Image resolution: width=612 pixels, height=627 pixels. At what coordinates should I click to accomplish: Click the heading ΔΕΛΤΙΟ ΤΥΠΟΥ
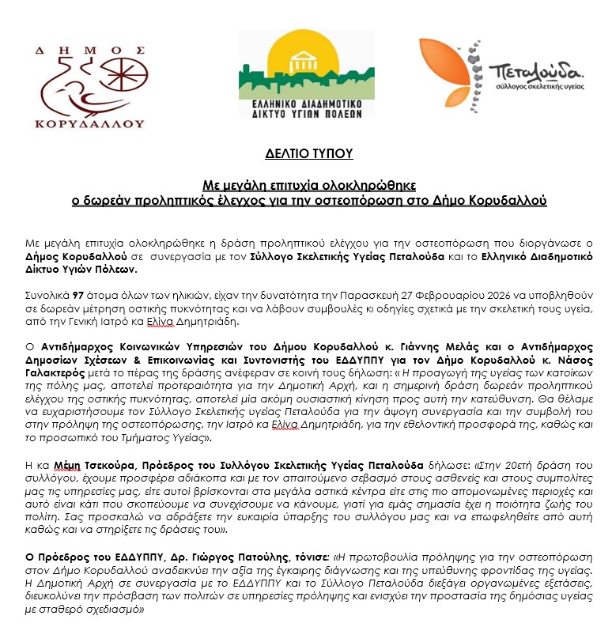[308, 153]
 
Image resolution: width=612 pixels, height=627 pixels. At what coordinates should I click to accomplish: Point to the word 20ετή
[494, 465]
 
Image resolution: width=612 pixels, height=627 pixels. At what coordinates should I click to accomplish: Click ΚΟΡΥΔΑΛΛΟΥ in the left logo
[90, 123]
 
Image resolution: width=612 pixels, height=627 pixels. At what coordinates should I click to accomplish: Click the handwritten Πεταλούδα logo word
[535, 70]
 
